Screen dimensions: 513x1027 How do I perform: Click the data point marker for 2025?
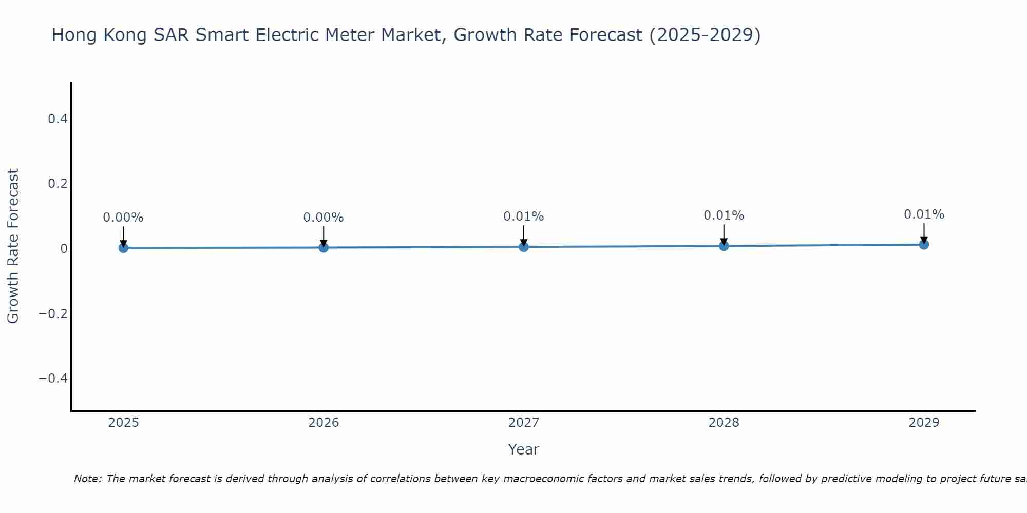click(x=123, y=248)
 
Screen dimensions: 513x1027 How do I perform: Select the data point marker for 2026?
click(x=324, y=247)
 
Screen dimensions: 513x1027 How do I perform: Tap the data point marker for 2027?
click(x=524, y=247)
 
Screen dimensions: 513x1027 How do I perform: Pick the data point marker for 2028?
click(x=724, y=246)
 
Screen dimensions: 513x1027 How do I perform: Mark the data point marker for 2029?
click(x=924, y=244)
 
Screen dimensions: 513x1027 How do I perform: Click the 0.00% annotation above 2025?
click(x=123, y=218)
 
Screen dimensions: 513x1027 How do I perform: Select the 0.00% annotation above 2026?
click(x=324, y=218)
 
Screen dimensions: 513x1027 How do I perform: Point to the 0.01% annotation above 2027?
click(x=524, y=216)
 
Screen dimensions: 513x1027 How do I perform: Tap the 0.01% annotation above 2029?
click(x=924, y=214)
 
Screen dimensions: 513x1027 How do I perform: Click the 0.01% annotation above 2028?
click(x=724, y=215)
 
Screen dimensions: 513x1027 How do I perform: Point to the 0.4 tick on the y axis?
click(x=58, y=119)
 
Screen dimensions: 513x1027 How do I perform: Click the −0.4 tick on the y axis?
click(x=53, y=379)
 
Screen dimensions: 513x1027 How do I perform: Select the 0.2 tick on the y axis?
click(x=58, y=184)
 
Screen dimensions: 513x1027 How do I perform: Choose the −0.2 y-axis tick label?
click(x=53, y=313)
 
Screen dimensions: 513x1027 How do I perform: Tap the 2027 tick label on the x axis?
click(x=524, y=423)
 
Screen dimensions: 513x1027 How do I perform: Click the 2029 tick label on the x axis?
click(x=924, y=423)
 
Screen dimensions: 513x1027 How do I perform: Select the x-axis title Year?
click(x=523, y=449)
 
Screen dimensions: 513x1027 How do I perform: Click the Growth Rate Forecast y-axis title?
click(x=13, y=246)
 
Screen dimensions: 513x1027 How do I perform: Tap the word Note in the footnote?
click(x=87, y=479)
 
